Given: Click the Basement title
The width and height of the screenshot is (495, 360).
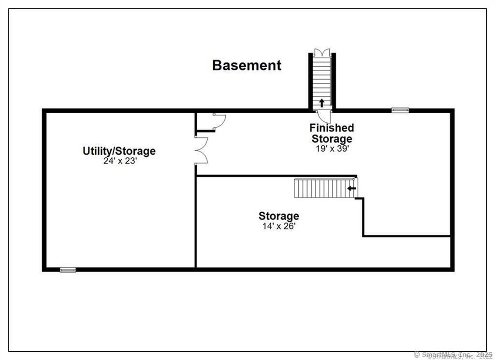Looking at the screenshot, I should (247, 65).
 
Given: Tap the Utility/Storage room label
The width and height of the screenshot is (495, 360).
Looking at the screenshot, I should (119, 151).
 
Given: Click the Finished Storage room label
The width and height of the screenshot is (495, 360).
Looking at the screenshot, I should (332, 134).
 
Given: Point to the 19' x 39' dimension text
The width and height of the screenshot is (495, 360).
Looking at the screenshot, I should (332, 149).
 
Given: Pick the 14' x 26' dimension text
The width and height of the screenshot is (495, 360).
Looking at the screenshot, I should (279, 225).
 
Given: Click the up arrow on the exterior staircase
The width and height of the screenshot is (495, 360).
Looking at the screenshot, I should (322, 103).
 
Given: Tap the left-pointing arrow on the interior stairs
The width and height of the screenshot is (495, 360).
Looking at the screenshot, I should (351, 188).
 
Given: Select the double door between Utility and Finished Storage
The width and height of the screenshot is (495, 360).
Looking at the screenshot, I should (201, 150).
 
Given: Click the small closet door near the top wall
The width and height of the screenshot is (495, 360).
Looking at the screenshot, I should (219, 120).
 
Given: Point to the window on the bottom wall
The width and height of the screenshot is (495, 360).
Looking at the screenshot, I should (68, 270).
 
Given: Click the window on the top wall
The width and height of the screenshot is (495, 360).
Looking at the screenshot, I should (400, 110).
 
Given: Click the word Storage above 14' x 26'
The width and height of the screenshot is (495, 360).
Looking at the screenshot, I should (279, 216).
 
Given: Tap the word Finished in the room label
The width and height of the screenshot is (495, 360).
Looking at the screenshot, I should (332, 128).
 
